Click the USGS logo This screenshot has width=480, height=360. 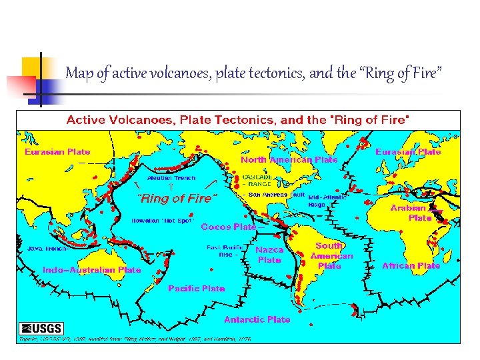click(41, 328)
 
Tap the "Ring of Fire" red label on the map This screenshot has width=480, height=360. click(177, 198)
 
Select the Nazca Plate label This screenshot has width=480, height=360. click(269, 255)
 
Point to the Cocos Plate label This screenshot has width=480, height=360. click(229, 227)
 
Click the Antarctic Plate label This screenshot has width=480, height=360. click(257, 319)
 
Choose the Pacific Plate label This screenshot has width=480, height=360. click(197, 289)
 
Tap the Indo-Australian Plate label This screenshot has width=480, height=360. click(92, 270)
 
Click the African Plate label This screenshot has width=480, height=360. click(411, 265)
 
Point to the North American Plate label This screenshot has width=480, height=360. click(289, 160)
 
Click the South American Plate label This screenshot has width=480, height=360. click(330, 256)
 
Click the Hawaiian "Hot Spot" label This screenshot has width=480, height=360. click(162, 220)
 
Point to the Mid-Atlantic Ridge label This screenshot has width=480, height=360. click(327, 201)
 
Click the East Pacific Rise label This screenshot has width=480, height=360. click(223, 250)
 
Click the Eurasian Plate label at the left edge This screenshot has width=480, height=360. click(57, 151)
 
